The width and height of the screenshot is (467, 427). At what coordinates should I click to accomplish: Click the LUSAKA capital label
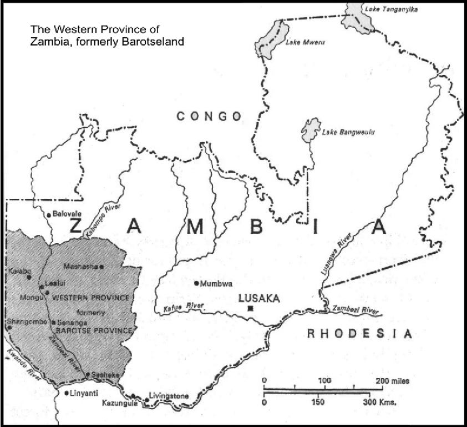pyautogui.click(x=258, y=298)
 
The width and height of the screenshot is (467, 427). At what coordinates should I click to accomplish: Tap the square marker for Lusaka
pyautogui.click(x=251, y=308)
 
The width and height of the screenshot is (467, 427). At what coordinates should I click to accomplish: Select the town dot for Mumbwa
pyautogui.click(x=196, y=283)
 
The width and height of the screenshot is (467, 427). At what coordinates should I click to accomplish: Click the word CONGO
pyautogui.click(x=209, y=116)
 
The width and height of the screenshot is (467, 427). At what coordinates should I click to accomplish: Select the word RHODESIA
pyautogui.click(x=360, y=334)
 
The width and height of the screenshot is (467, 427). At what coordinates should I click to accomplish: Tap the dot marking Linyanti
pyautogui.click(x=67, y=393)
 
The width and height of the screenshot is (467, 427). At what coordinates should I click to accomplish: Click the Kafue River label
pyautogui.click(x=181, y=307)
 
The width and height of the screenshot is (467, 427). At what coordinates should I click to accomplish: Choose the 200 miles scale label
pyautogui.click(x=392, y=381)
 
